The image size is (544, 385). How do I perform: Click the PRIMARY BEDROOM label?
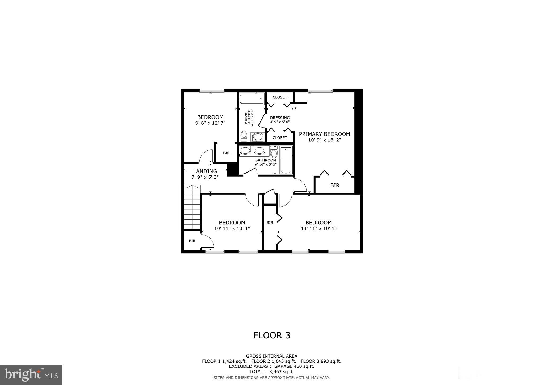coord(324,134)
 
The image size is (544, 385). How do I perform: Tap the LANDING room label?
coord(205,171)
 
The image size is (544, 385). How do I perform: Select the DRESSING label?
coord(280,118)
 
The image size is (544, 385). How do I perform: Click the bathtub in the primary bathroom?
coord(252,99)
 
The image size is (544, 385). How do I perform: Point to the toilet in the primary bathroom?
coord(244,136)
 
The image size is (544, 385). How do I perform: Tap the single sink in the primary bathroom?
coord(257,137)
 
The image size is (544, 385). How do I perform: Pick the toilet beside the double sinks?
coord(274,152)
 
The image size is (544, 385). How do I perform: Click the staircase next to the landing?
coord(192,207)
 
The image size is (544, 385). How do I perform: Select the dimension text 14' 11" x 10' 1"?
coord(318,228)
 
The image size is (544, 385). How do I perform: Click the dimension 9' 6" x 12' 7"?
coord(210,123)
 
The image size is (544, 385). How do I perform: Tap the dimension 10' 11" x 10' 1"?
coord(232,228)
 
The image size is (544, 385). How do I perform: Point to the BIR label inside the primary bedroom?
coord(335,186)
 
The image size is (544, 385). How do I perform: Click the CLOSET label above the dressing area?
coord(280,97)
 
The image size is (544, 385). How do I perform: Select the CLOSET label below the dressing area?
coord(280,138)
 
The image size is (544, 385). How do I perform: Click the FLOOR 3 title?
coord(272,336)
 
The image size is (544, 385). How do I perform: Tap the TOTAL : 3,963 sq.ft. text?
coord(271,372)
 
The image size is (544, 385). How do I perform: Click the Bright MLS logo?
coord(31,375)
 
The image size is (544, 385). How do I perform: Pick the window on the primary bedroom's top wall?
coord(320,91)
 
